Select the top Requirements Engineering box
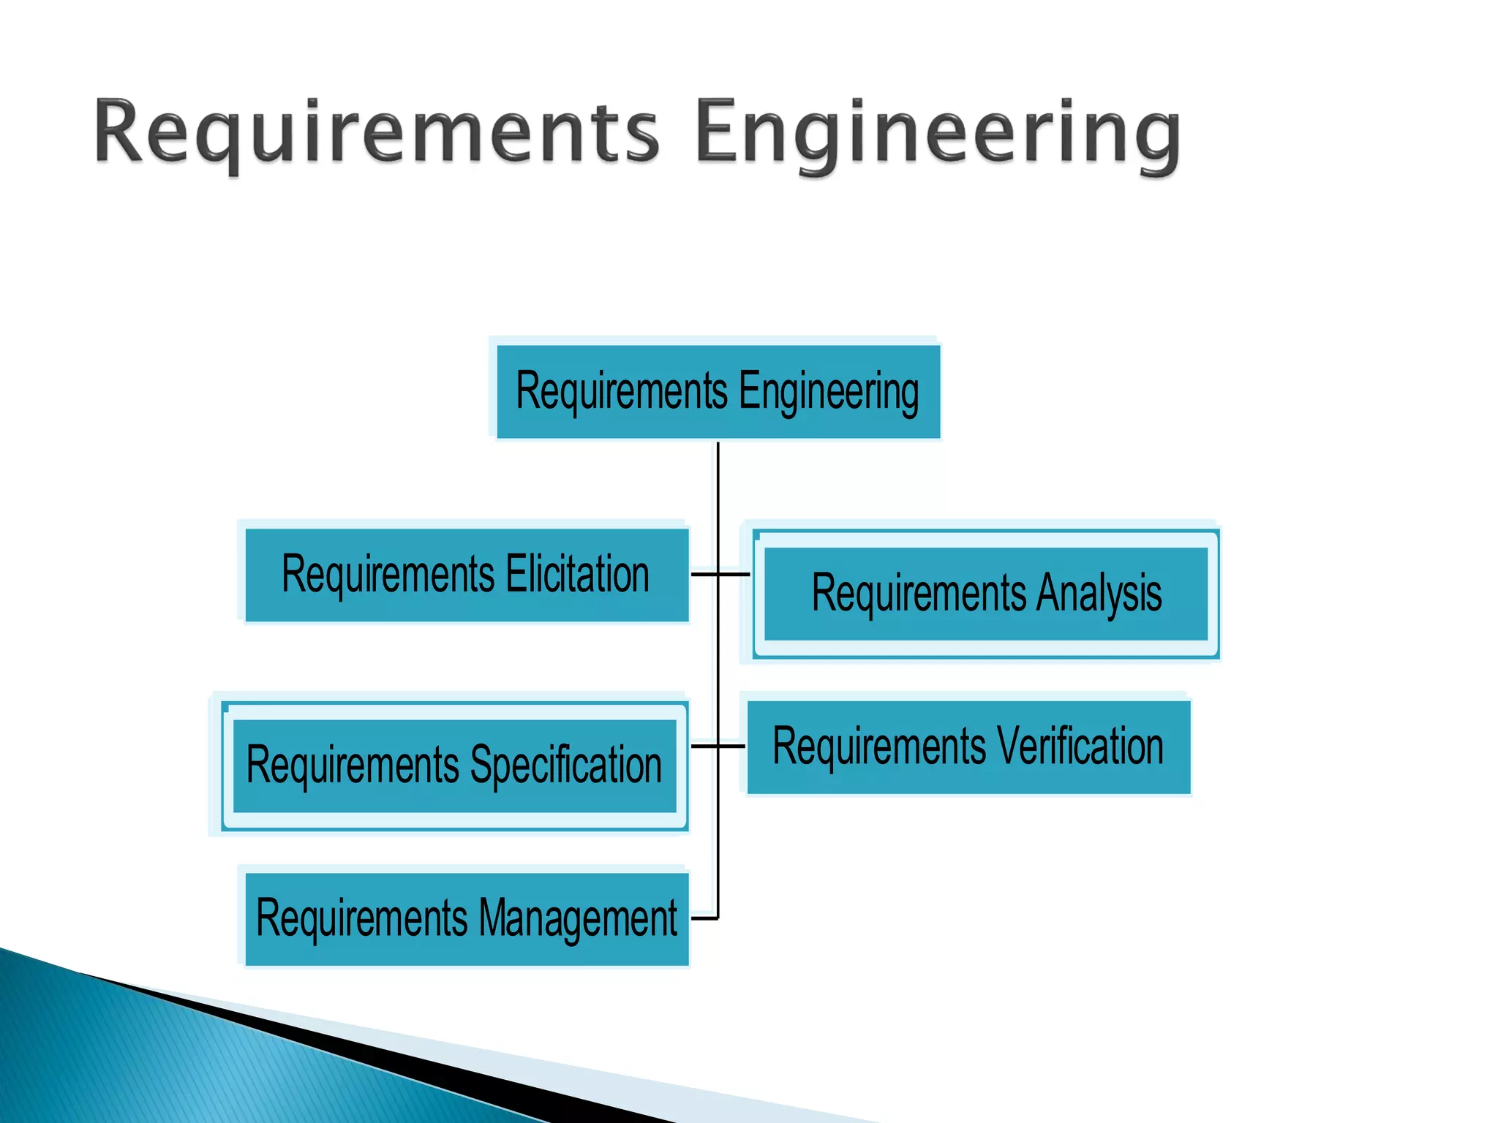(718, 392)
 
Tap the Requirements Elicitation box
(466, 575)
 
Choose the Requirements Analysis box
(985, 594)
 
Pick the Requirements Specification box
(454, 765)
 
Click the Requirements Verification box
(968, 747)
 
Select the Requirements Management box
(466, 919)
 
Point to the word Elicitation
(577, 575)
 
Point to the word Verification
(1080, 747)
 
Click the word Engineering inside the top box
(829, 392)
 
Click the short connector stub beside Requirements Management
(704, 918)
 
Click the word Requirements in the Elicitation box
(388, 575)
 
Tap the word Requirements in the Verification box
(879, 747)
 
